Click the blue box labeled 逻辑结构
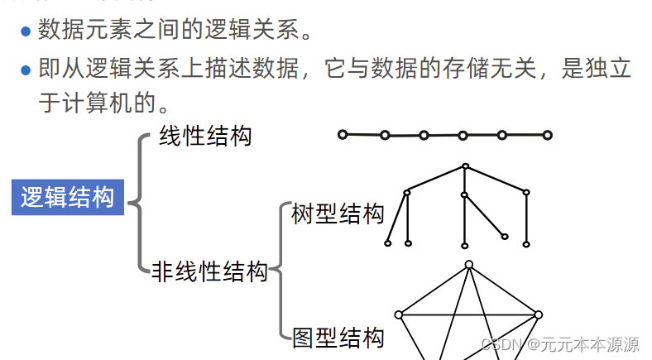pos(67,198)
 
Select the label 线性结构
pos(205,135)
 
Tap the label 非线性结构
pos(210,271)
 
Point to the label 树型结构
pos(338,214)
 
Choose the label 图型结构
pos(338,337)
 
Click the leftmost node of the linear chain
pos(343,134)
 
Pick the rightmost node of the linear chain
pos(547,135)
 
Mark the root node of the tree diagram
pos(465,166)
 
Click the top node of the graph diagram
pos(468,265)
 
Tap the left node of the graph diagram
pos(399,314)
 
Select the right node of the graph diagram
pos(538,314)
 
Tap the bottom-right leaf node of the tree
pos(526,243)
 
